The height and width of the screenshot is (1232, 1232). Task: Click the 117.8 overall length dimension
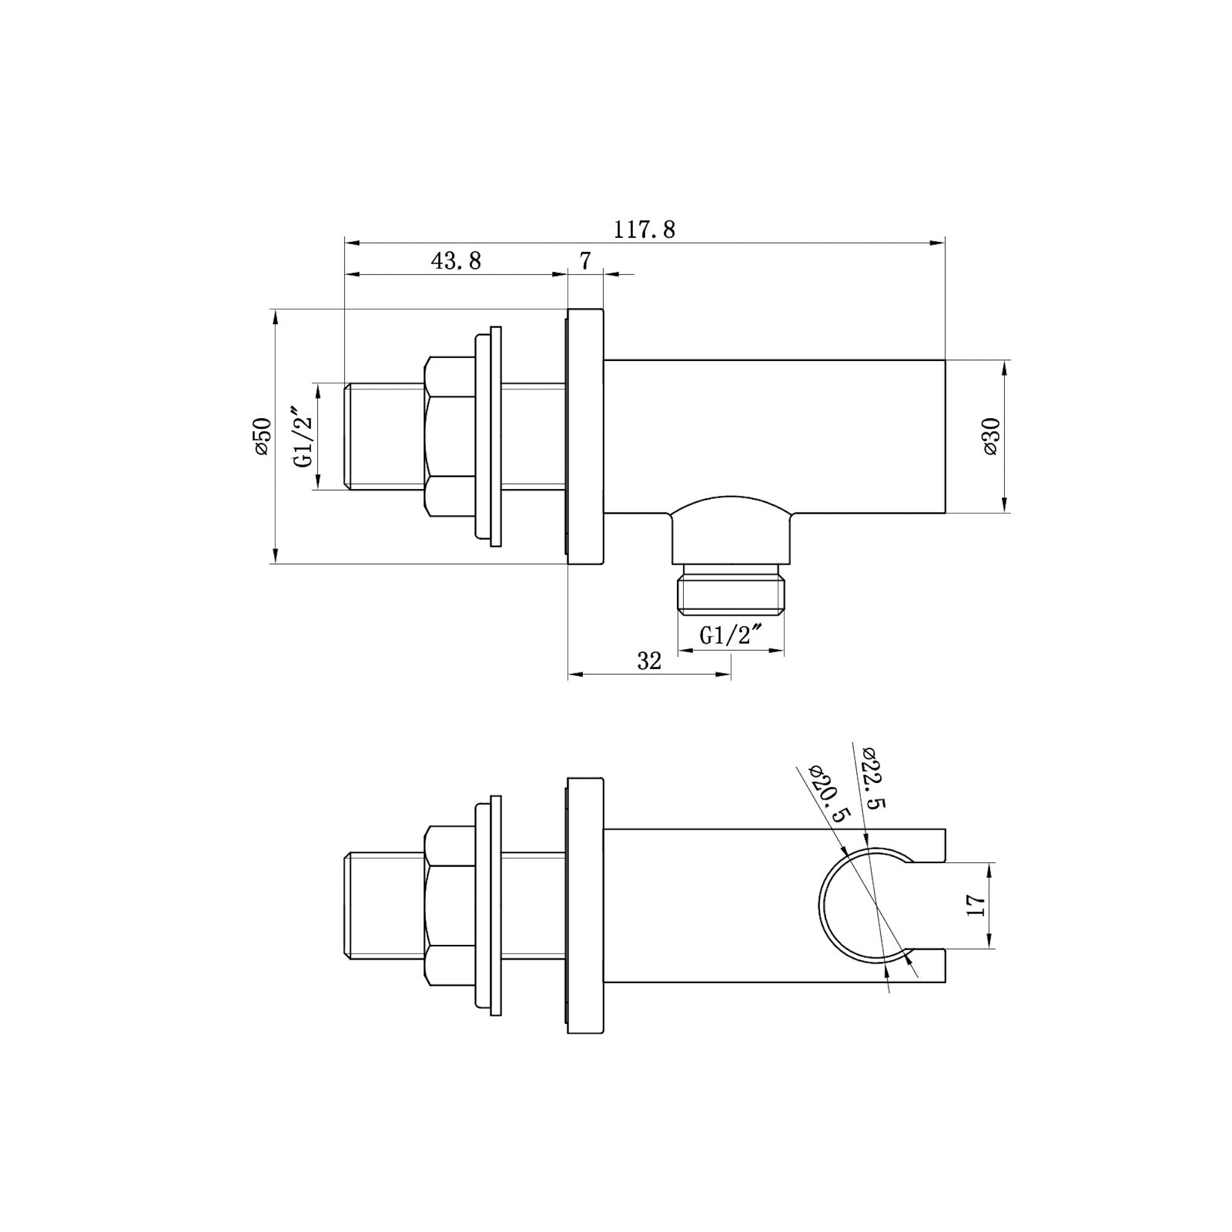click(644, 230)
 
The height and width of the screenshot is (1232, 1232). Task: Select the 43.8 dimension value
click(456, 261)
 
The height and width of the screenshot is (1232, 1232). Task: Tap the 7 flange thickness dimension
click(585, 261)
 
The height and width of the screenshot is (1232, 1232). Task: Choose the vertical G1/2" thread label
click(305, 437)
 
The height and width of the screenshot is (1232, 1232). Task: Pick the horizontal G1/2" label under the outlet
click(731, 635)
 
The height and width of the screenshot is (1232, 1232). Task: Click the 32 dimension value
click(649, 661)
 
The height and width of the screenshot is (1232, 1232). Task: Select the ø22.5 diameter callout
click(872, 779)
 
